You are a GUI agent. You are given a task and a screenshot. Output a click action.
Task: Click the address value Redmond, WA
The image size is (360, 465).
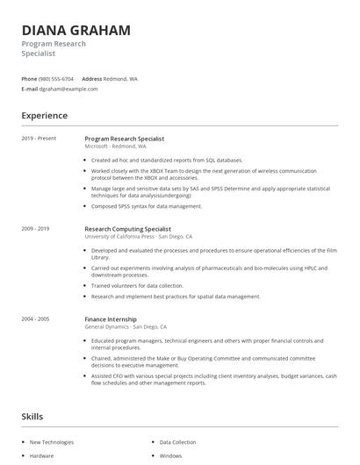point(120,78)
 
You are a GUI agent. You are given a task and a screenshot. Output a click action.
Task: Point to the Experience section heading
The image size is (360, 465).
point(44,116)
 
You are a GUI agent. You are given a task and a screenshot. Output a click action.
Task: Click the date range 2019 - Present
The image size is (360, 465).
point(39,139)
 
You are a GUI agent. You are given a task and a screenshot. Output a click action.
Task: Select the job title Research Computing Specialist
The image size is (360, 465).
point(127,228)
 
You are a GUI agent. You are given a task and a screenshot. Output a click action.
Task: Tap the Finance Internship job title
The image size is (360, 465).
point(111,319)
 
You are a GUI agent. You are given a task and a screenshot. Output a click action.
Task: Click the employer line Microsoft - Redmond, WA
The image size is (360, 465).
point(115,147)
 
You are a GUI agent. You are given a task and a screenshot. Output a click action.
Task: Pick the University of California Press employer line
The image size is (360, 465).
point(138,236)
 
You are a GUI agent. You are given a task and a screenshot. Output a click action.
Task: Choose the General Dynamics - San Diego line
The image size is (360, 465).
point(126,326)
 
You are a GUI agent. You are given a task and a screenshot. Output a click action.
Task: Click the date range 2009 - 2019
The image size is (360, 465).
point(35,228)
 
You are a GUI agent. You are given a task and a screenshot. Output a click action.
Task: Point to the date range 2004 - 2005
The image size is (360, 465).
point(35,319)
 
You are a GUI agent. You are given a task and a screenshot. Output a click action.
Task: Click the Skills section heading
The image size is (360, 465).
point(33,416)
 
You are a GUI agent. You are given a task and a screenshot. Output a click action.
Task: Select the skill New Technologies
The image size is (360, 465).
point(52,442)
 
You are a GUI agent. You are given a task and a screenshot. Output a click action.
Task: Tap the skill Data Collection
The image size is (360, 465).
point(177,442)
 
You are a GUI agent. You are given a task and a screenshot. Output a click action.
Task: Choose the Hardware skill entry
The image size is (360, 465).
point(41,456)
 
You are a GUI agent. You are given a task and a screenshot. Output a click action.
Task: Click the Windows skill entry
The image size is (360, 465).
point(170,456)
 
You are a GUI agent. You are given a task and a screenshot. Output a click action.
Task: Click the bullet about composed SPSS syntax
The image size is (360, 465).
point(147,206)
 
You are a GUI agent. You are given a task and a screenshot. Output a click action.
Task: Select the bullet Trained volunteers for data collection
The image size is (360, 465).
point(137,285)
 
